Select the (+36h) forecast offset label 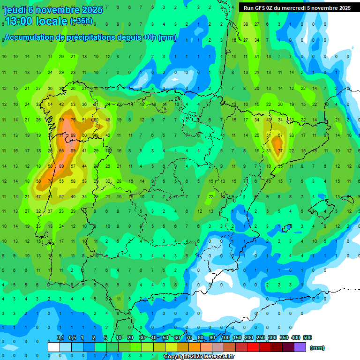click(x=81, y=21)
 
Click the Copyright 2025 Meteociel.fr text click(x=199, y=357)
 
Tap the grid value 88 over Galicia click(x=73, y=135)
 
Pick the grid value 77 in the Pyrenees click(x=280, y=150)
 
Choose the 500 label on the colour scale click(x=307, y=338)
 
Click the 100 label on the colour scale click(x=225, y=338)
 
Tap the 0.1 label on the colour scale click(x=60, y=338)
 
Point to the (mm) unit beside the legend click(x=317, y=348)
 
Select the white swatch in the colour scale click(x=54, y=347)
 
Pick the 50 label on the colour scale click(x=165, y=338)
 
